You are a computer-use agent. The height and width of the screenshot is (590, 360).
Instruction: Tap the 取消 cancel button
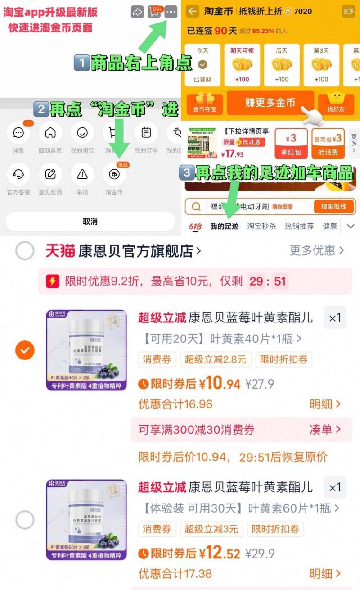click(90, 222)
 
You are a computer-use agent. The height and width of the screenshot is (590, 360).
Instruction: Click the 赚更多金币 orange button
click(270, 103)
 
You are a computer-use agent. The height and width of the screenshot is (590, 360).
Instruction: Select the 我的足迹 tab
click(225, 226)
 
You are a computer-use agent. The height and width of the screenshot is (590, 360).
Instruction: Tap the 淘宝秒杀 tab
click(261, 226)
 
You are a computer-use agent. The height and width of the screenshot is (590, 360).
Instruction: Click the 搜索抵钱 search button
click(333, 207)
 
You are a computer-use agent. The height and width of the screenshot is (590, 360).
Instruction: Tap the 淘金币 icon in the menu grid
click(114, 174)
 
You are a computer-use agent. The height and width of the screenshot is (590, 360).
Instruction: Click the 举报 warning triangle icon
click(82, 174)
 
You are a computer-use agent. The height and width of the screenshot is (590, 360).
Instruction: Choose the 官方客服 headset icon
click(18, 174)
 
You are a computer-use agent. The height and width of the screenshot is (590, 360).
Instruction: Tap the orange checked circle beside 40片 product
click(25, 350)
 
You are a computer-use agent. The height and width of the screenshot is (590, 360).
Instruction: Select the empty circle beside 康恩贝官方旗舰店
click(25, 251)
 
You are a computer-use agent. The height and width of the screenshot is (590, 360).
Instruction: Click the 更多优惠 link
click(317, 250)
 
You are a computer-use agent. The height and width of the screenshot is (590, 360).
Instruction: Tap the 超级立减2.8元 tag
click(216, 359)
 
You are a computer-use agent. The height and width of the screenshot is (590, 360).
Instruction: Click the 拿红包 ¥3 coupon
click(291, 144)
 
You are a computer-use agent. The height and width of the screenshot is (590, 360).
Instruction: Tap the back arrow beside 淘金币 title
click(193, 11)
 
